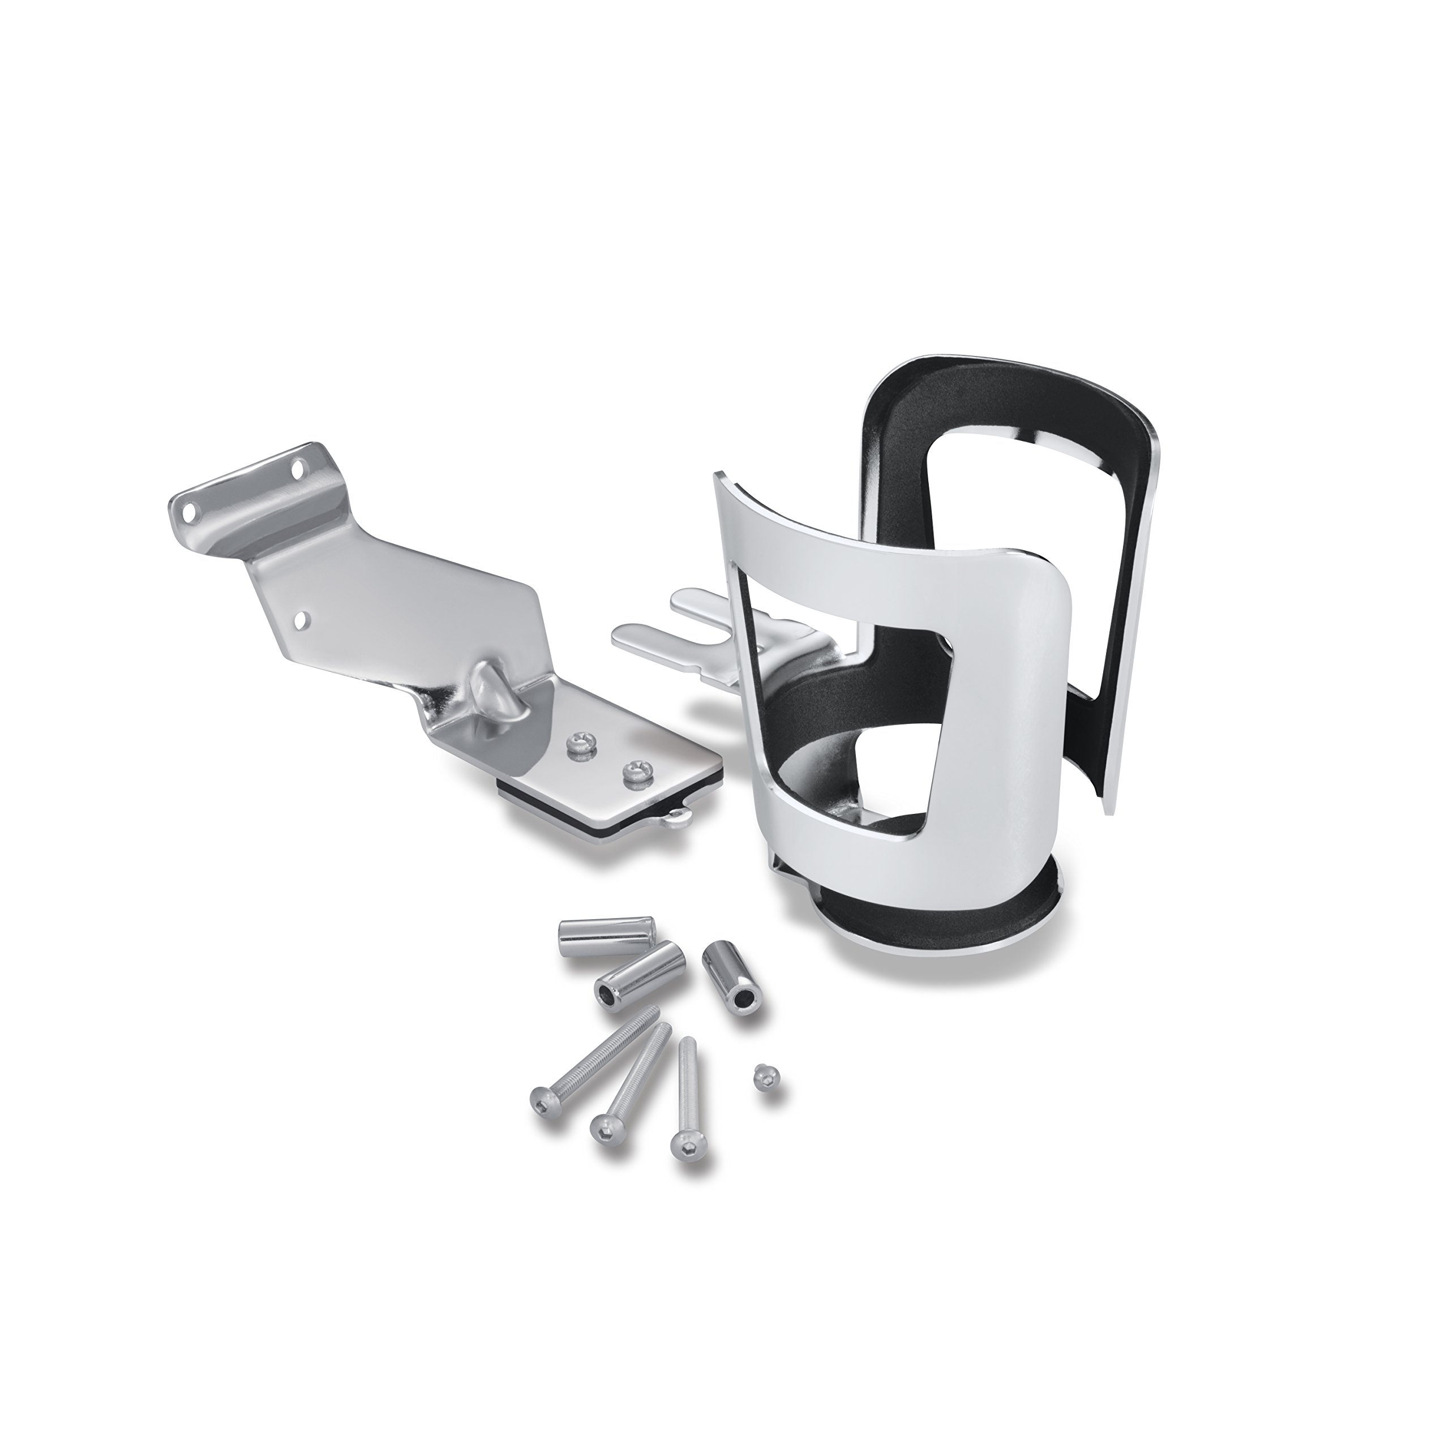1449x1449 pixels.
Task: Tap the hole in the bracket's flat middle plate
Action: (x=302, y=641)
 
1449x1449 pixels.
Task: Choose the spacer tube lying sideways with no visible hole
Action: (x=606, y=935)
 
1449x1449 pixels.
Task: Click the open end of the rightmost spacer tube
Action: (x=745, y=999)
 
